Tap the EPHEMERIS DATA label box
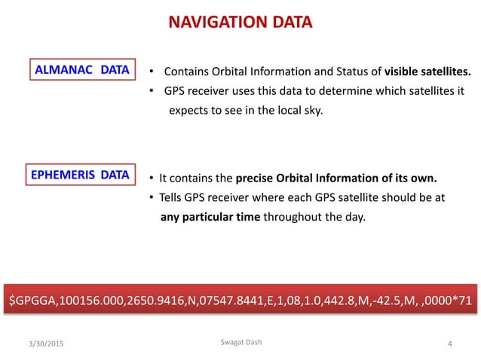(81, 176)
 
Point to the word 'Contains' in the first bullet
(186, 73)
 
